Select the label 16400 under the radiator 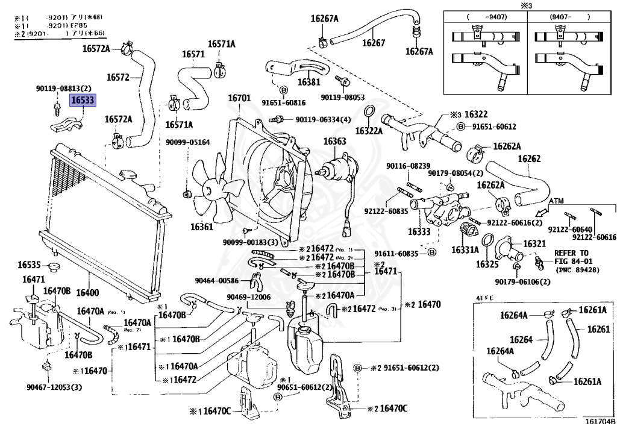click(x=87, y=293)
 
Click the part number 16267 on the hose click(x=374, y=43)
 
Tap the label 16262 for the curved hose click(x=529, y=159)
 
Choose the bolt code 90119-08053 click(x=343, y=97)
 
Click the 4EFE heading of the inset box click(x=484, y=298)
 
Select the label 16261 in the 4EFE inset click(x=599, y=329)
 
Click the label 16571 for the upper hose click(x=194, y=55)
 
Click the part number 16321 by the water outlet click(x=534, y=243)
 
